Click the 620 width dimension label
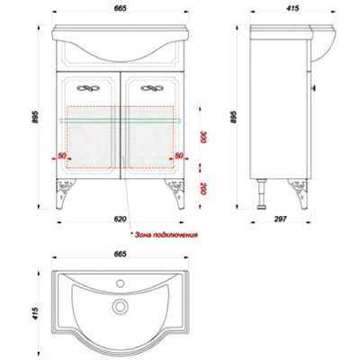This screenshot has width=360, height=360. tap(120, 219)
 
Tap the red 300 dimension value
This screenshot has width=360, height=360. tap(203, 138)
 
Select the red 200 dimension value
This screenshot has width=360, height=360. tap(203, 189)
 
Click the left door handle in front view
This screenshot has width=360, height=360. tap(89, 88)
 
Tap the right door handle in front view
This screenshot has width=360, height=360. tap(153, 88)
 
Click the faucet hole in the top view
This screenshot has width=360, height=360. tap(121, 283)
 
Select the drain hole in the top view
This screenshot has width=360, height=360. tap(120, 306)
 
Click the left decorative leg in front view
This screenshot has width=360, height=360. tap(65, 193)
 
